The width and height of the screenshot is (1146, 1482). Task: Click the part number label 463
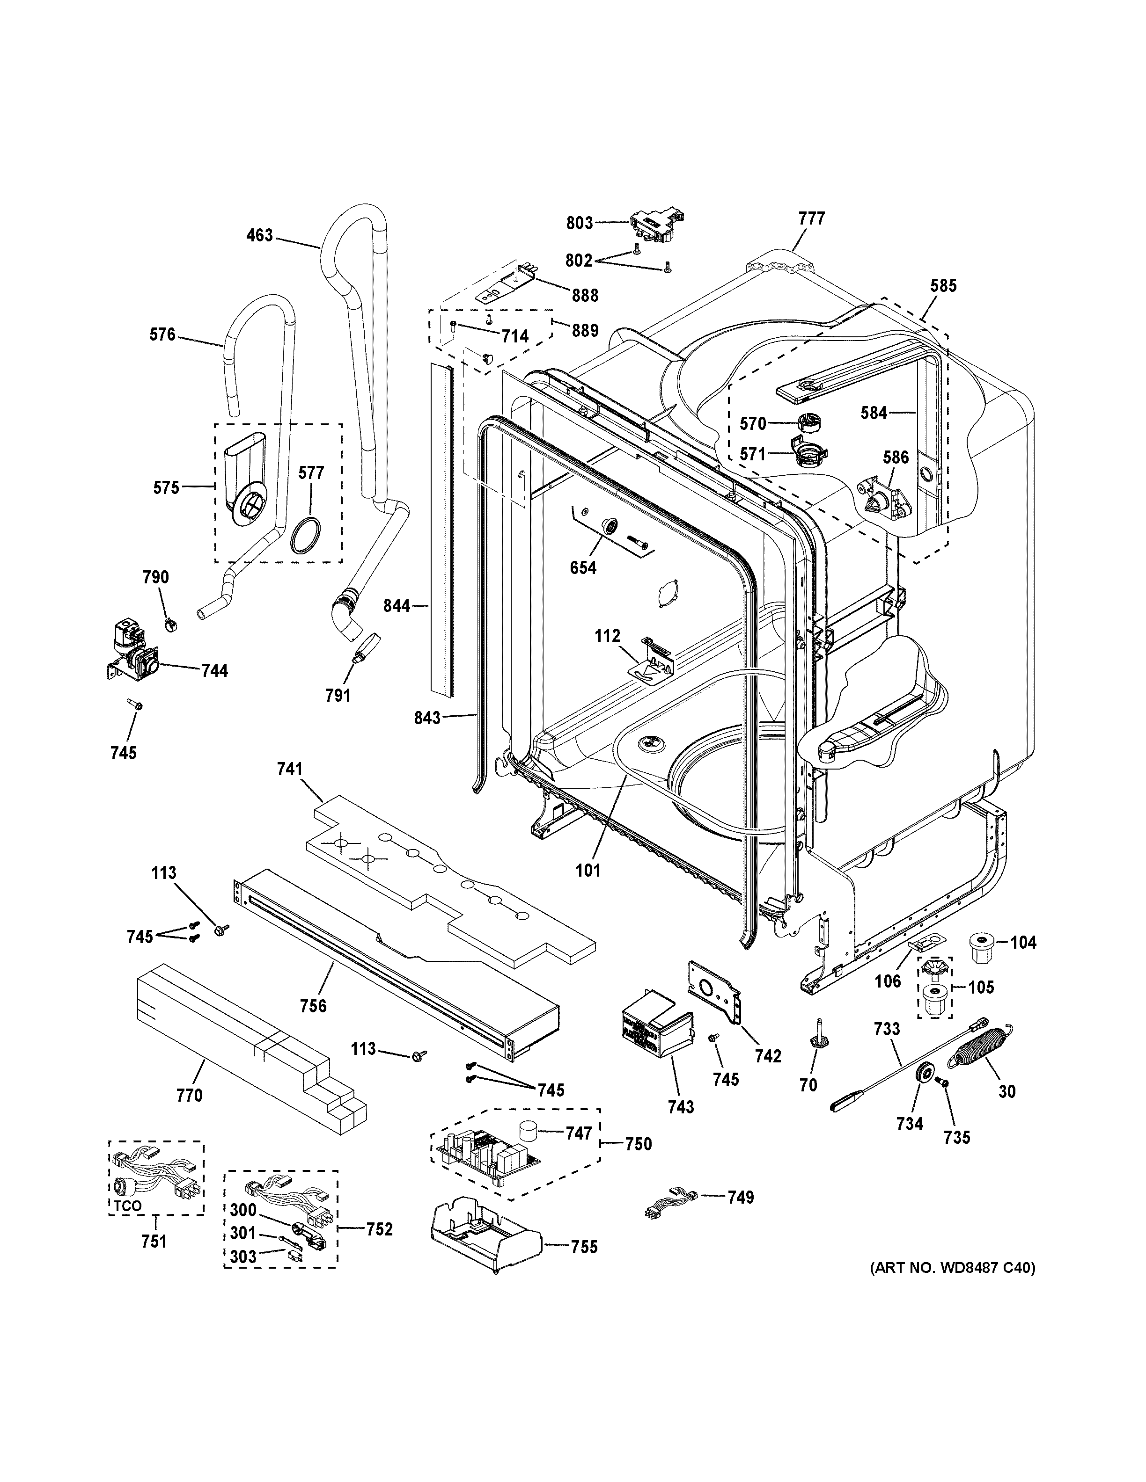(259, 235)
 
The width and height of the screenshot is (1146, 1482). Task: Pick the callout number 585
(942, 286)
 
